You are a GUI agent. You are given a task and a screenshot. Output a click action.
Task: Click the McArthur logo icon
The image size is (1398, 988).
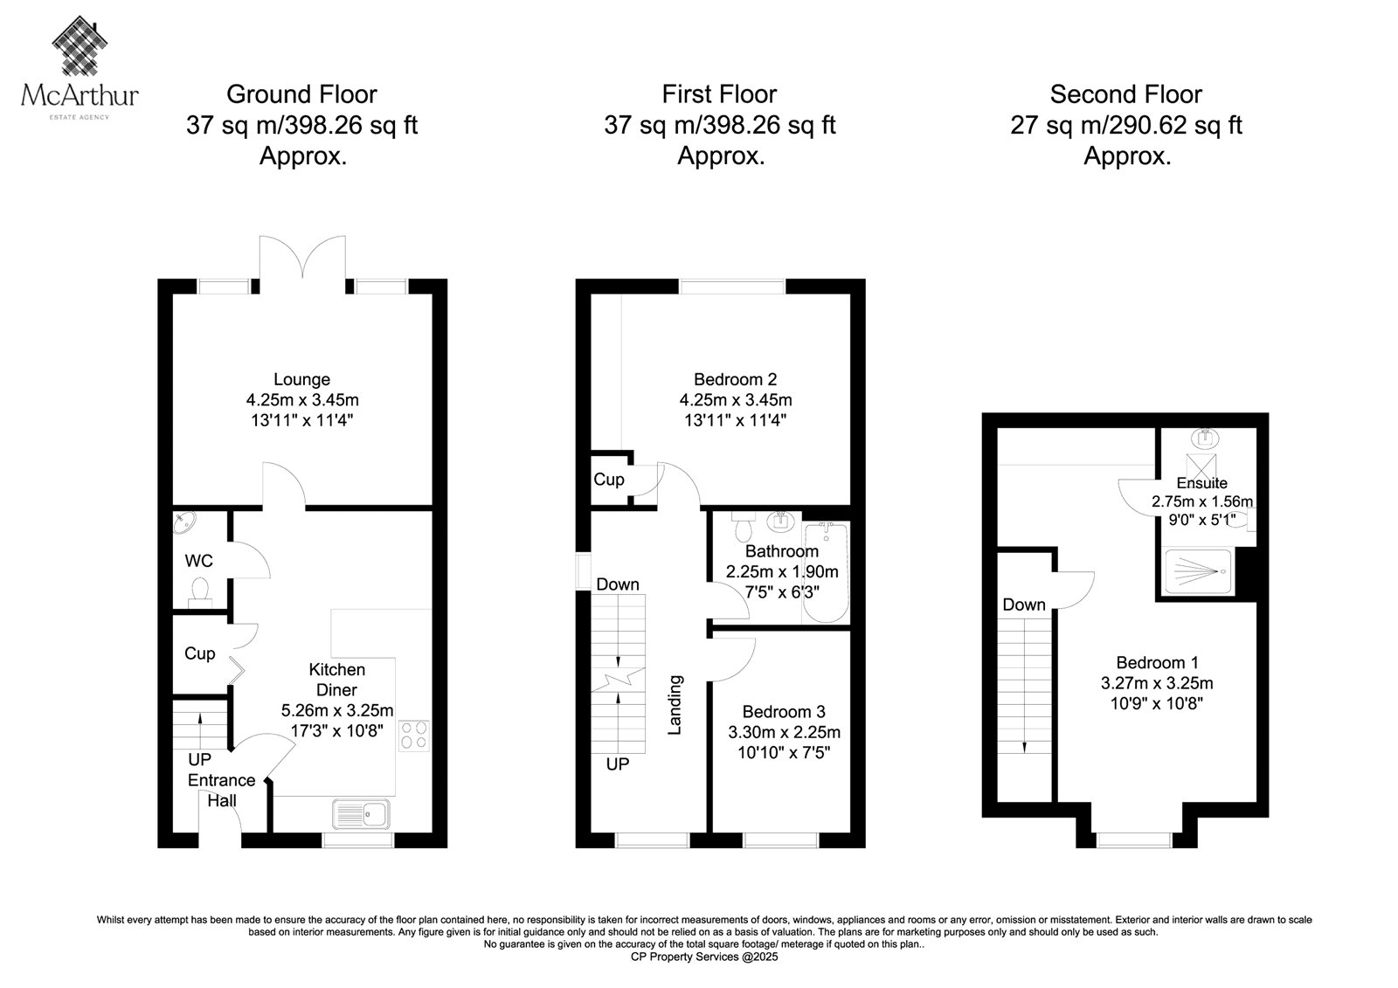pos(80,45)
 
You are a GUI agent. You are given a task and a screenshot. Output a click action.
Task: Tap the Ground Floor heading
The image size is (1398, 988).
pos(301,94)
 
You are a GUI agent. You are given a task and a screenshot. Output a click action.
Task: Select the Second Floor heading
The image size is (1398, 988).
pos(1126,94)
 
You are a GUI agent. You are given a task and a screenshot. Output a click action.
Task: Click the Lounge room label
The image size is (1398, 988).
pos(302,379)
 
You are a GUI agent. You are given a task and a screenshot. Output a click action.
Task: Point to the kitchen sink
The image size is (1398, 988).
pos(362,814)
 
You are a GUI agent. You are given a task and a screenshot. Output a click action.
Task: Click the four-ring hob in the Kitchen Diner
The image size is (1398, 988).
pos(414,736)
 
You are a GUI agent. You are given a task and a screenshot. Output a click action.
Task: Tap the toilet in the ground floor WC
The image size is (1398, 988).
pos(200,593)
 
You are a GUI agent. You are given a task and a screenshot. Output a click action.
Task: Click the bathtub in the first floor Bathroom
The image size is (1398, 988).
pos(826,573)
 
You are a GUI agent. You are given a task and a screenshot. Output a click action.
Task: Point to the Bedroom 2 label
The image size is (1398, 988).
pos(735,379)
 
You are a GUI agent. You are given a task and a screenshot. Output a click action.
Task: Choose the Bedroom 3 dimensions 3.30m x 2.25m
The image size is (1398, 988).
pos(784,731)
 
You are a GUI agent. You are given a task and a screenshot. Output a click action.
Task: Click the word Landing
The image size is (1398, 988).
pos(675,705)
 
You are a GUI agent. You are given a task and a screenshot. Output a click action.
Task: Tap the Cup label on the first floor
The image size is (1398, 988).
pos(608,480)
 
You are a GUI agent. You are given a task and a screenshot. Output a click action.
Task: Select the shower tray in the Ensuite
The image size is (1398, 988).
pos(1198,571)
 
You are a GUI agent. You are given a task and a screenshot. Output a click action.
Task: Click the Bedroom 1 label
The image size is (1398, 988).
pos(1157,662)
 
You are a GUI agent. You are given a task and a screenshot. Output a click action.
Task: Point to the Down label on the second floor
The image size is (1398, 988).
pos(1023,605)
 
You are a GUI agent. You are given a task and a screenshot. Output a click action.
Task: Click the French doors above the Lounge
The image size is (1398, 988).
pos(302,257)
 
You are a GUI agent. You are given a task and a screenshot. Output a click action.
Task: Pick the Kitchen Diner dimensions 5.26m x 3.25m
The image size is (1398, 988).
pos(337,710)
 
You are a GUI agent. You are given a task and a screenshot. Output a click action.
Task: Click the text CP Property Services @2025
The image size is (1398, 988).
pos(704,957)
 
